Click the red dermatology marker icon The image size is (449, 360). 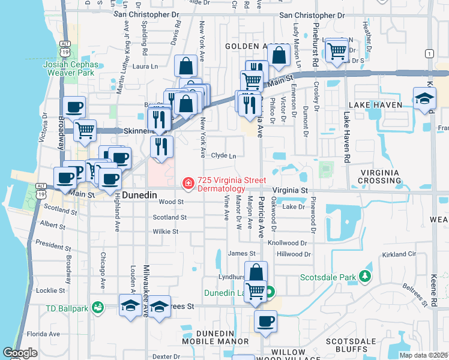[188, 182]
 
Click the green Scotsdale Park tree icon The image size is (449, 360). [365, 277]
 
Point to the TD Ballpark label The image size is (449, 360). [67, 308]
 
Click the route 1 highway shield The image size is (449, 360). [429, 54]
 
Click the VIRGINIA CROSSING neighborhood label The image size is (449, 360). [387, 176]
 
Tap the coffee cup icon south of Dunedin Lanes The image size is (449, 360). [265, 321]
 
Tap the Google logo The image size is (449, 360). [20, 353]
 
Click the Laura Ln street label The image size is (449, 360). [144, 67]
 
